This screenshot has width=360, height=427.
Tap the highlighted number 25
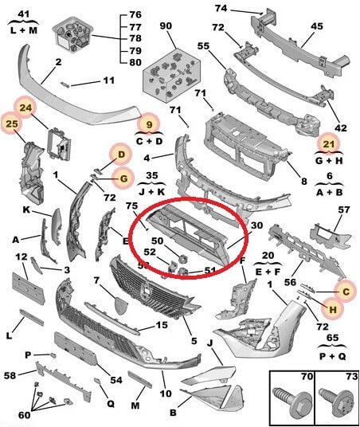[11, 124]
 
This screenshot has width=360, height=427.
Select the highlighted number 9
[146, 123]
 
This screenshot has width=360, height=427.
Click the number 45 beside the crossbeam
[316, 27]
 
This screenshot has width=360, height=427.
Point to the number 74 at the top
[221, 8]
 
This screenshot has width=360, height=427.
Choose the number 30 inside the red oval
[256, 225]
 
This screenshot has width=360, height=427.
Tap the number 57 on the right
[343, 210]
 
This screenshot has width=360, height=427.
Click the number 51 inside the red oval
[210, 270]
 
